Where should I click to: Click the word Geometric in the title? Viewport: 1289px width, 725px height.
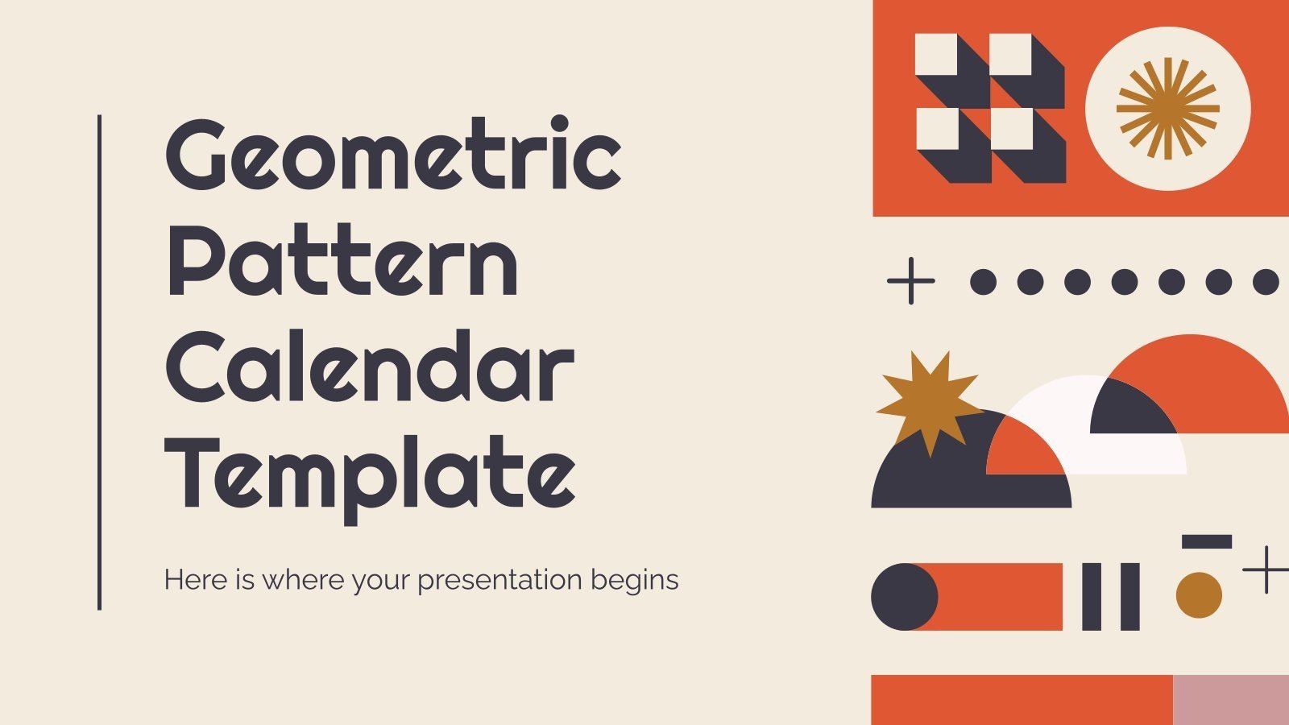coord(393,155)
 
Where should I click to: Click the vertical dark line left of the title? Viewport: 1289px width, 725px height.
coord(99,362)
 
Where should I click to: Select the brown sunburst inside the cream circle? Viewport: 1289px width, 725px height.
coord(1167,108)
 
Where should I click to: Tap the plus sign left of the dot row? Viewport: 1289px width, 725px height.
coord(910,281)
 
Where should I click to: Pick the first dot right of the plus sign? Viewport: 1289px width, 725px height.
coord(983,282)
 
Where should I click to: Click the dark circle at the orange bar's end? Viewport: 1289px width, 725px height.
coord(905,597)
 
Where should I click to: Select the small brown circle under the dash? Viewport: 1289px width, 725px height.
coord(1199,595)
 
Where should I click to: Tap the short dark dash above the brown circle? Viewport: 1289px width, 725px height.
coord(1206,541)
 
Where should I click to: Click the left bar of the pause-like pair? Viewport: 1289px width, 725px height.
coord(1092,597)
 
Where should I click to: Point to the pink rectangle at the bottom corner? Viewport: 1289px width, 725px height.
coord(1230,700)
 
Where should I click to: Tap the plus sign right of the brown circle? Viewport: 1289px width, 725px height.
coord(1266,570)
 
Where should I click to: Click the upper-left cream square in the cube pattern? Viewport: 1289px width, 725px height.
coord(936,55)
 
